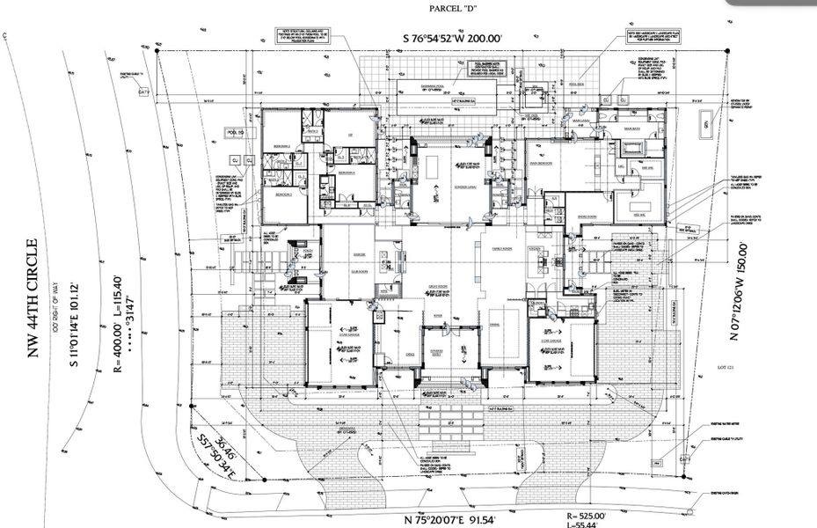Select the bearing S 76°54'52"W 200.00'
464,39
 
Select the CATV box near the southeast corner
684,458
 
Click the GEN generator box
705,126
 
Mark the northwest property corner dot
157,51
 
